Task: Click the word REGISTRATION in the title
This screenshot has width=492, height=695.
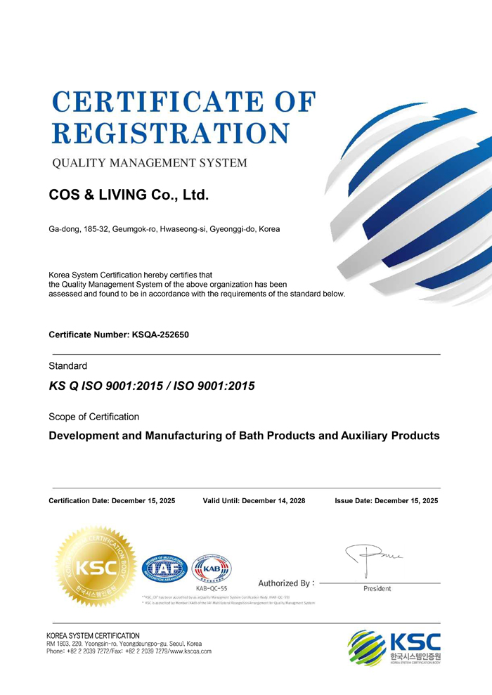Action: [171, 134]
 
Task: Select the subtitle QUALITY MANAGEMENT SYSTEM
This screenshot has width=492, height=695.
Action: [150, 164]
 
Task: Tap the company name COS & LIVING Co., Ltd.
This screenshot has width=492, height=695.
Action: [129, 195]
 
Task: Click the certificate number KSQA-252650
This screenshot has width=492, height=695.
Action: [160, 334]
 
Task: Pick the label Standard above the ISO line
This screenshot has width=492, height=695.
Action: [67, 366]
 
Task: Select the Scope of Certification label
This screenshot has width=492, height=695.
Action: [93, 417]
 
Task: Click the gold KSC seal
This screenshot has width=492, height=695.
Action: [96, 567]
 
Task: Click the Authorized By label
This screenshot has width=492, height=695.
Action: [286, 583]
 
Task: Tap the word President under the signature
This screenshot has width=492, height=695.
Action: [377, 589]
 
